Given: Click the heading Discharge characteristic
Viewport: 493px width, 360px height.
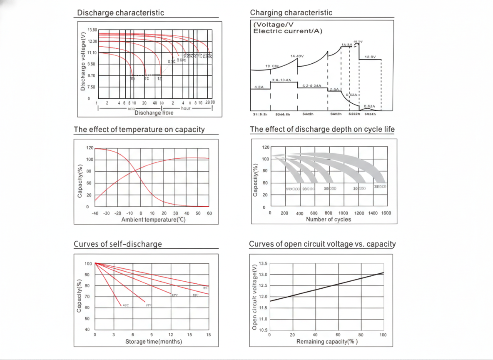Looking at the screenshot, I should (120, 12).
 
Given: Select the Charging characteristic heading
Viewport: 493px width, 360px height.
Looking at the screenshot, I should (291, 12).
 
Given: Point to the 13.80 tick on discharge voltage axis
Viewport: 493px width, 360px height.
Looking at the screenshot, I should (92, 30).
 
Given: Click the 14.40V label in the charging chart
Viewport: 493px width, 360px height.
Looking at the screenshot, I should (297, 56).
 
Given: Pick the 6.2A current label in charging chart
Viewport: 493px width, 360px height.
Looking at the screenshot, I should (259, 87).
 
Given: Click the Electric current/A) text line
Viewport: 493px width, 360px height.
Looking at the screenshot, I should (288, 31).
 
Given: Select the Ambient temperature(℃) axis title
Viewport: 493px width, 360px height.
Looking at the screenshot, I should (153, 220).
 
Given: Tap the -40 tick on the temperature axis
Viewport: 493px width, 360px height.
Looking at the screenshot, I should (95, 213).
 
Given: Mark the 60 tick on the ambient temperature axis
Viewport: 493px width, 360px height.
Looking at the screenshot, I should (209, 213).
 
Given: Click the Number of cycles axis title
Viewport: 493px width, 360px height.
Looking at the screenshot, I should (329, 220).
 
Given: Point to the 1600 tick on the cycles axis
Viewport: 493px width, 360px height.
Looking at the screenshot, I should (386, 213).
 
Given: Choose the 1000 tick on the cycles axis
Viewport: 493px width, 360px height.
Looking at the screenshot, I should (343, 213).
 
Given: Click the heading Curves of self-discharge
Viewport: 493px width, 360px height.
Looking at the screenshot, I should (117, 244).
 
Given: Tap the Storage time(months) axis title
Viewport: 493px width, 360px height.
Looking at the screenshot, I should (153, 342).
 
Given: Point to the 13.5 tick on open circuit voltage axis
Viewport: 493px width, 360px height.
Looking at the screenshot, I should (263, 264).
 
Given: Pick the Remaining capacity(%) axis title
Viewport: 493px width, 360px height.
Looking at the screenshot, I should (327, 342).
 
